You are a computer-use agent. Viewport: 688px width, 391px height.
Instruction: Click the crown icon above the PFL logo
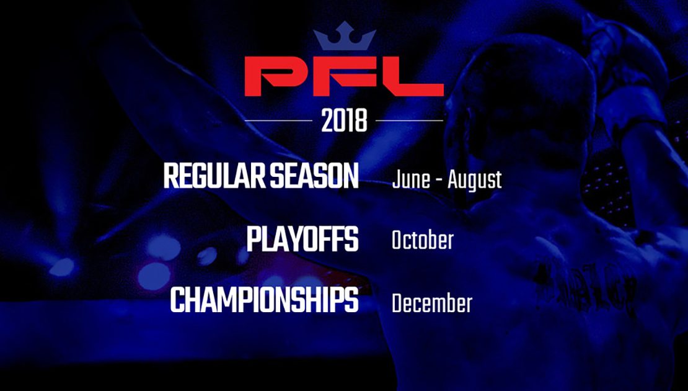(x=345, y=39)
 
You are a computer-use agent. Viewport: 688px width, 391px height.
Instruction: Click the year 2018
(x=344, y=120)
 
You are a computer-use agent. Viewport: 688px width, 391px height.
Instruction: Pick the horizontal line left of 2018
(x=278, y=120)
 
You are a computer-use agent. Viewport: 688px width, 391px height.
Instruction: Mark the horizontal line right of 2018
(x=409, y=120)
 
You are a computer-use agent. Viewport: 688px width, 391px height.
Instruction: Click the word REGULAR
(x=214, y=176)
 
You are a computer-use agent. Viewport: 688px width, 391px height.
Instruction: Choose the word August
(x=474, y=181)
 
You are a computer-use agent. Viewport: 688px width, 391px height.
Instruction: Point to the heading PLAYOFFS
(x=302, y=240)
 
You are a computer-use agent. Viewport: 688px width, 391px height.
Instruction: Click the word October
(x=422, y=240)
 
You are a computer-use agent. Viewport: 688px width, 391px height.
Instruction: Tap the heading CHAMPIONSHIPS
(x=264, y=300)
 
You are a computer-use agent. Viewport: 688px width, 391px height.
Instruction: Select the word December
(x=432, y=303)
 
